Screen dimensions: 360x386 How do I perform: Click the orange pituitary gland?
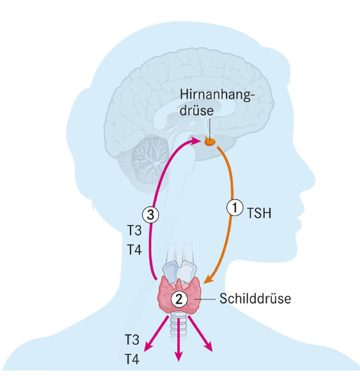pyautogui.click(x=210, y=142)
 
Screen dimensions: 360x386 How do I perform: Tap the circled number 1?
pyautogui.click(x=235, y=208)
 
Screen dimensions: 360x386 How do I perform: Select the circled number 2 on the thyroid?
pyautogui.click(x=179, y=299)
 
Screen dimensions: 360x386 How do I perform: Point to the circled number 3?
pyautogui.click(x=150, y=215)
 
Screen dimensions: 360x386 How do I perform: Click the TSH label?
pyautogui.click(x=259, y=213)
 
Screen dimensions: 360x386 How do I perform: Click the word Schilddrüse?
pyautogui.click(x=255, y=299)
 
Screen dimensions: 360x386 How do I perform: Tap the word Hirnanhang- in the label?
pyautogui.click(x=216, y=95)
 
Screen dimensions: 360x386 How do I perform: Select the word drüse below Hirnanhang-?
pyautogui.click(x=196, y=110)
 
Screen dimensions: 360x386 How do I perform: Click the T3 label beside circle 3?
pyautogui.click(x=134, y=231)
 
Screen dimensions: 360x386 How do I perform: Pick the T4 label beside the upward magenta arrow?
pyautogui.click(x=134, y=250)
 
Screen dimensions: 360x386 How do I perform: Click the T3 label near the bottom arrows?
pyautogui.click(x=132, y=340)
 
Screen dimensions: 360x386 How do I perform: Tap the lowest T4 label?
pyautogui.click(x=132, y=359)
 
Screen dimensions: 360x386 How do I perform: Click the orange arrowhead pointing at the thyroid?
pyautogui.click(x=208, y=279)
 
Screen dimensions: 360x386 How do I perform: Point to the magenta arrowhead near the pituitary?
pyautogui.click(x=196, y=142)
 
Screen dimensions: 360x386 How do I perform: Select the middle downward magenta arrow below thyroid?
pyautogui.click(x=179, y=339)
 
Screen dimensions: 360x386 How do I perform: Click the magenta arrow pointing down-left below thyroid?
pyautogui.click(x=156, y=333)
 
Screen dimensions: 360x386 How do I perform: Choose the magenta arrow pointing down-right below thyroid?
pyautogui.click(x=200, y=333)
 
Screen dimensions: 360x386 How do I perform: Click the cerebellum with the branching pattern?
pyautogui.click(x=149, y=160)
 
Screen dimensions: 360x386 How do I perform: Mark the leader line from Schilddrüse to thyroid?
pyautogui.click(x=204, y=299)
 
